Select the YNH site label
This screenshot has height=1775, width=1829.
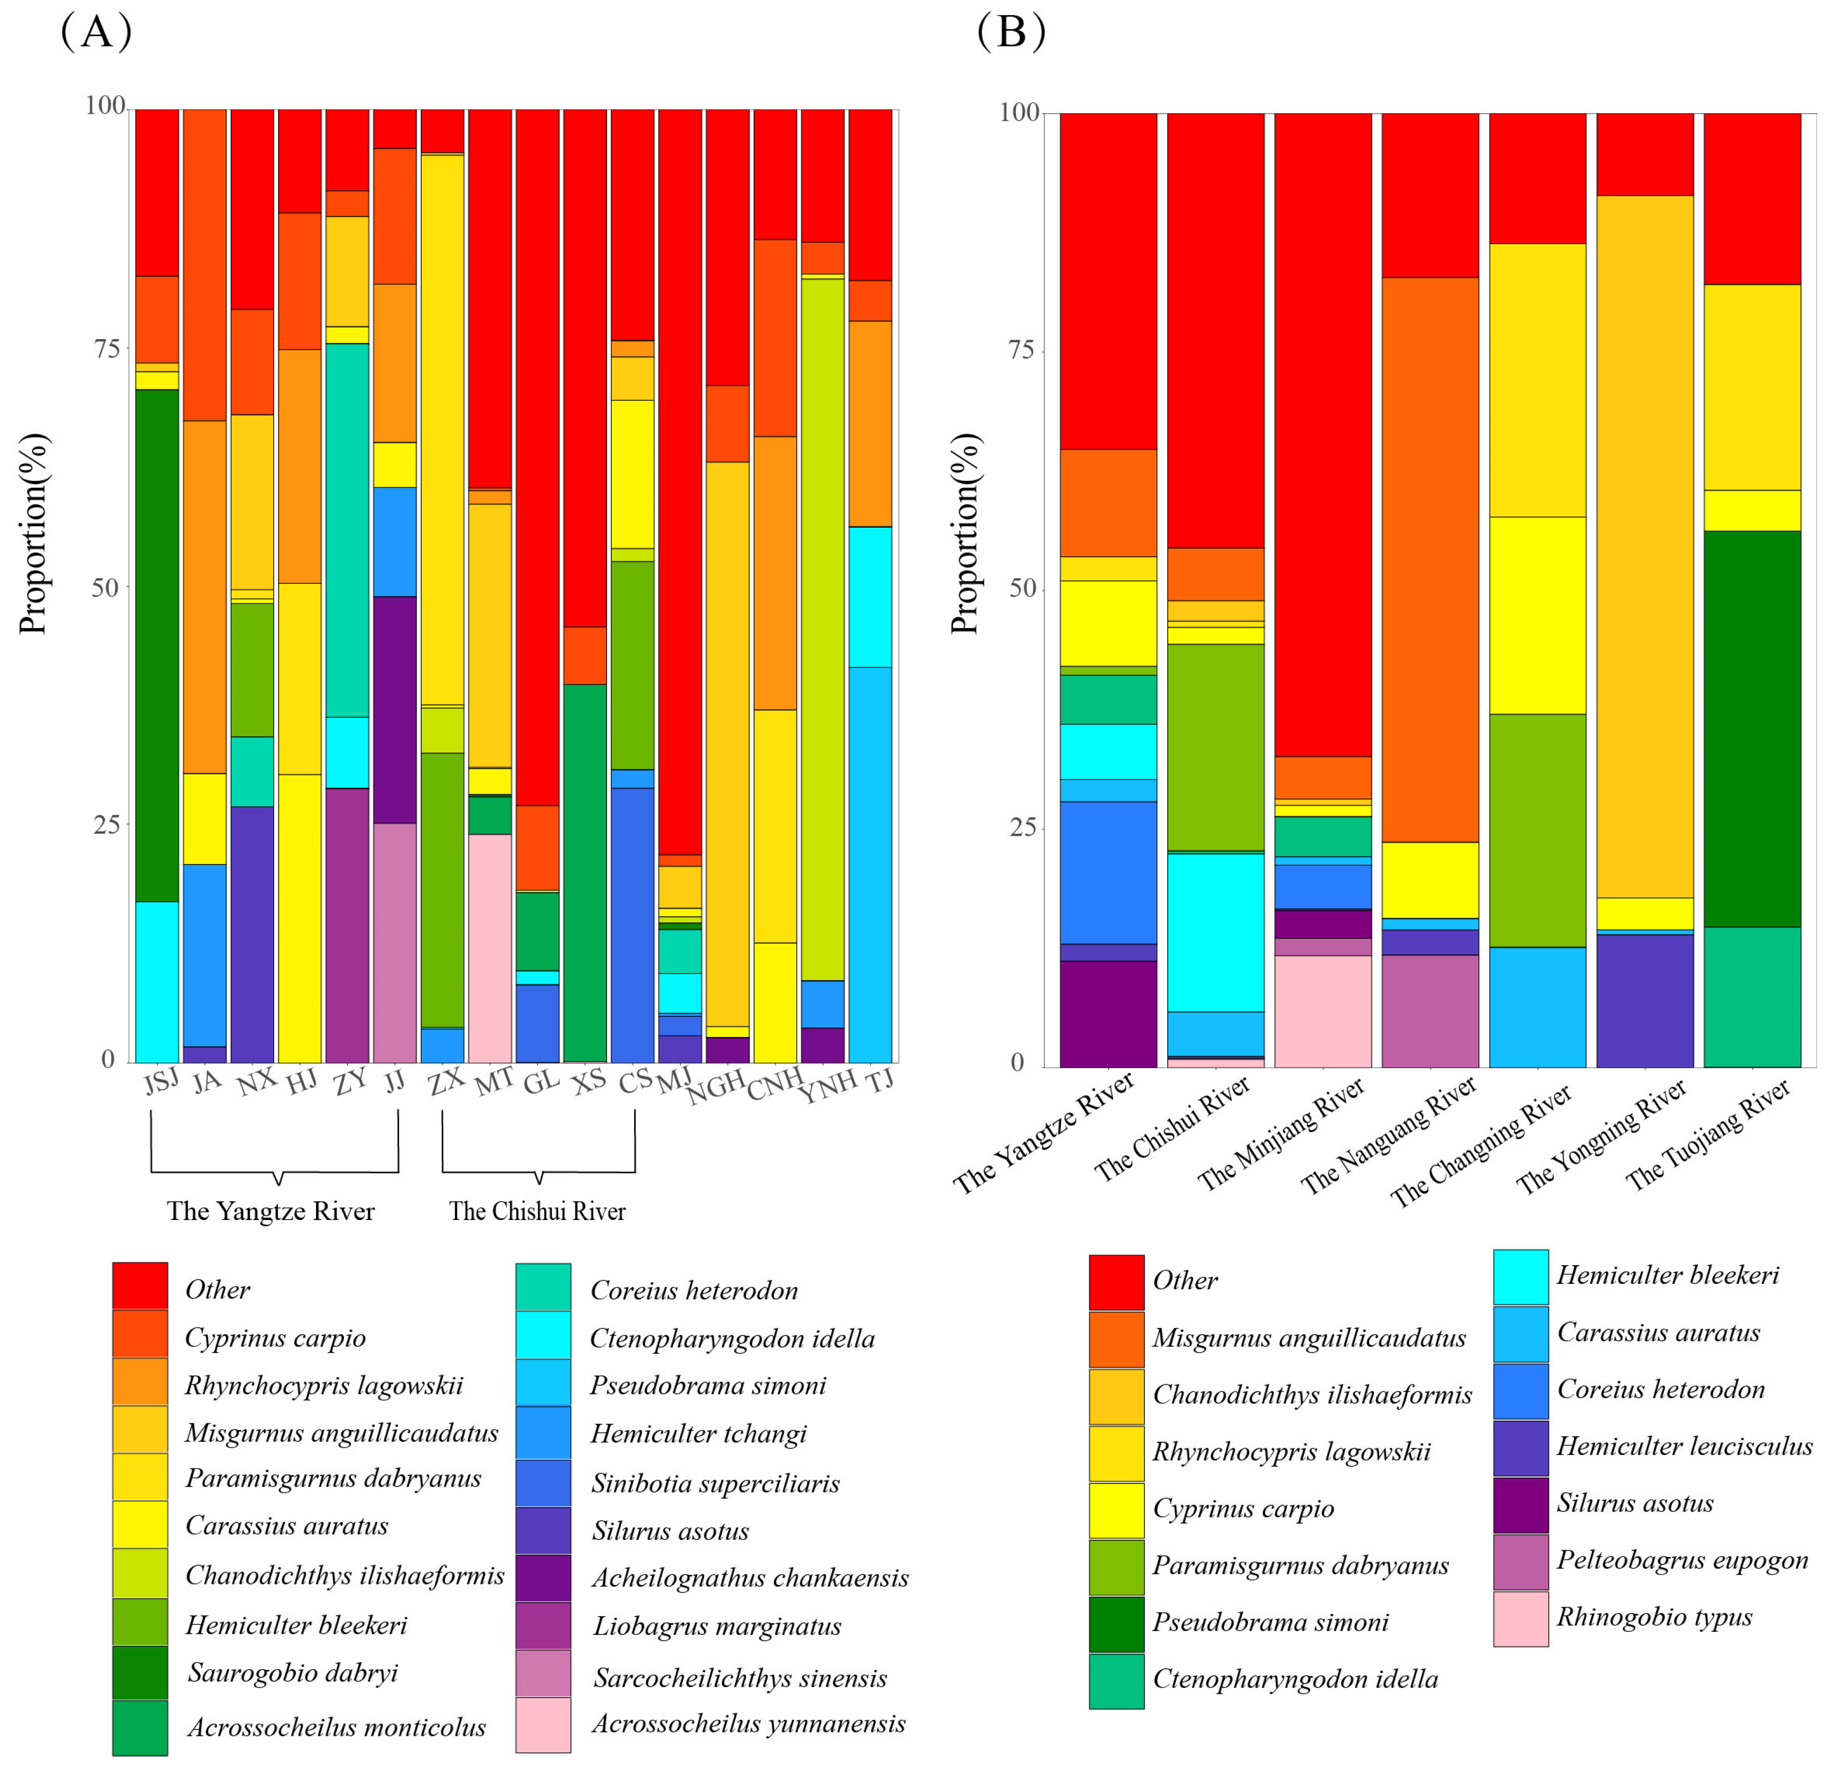[x=827, y=1085]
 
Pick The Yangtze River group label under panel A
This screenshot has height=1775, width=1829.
[x=270, y=1211]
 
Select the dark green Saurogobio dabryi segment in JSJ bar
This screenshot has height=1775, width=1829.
[x=157, y=644]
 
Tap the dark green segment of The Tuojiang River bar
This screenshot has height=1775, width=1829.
[x=1752, y=728]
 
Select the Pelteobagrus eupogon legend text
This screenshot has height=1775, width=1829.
[x=1681, y=1559]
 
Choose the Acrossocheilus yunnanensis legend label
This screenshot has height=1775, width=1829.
[x=748, y=1723]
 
